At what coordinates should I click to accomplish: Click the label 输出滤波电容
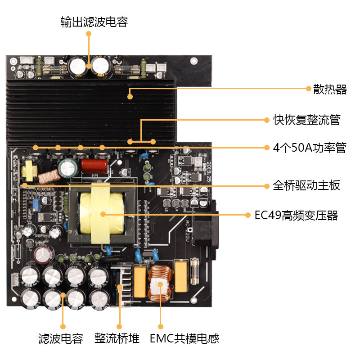pos(94,22)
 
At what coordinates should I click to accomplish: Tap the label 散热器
pos(330,89)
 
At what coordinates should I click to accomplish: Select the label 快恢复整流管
pos(306,120)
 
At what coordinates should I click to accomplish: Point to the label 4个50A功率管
pos(310,148)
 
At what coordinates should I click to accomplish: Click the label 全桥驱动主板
pos(306,185)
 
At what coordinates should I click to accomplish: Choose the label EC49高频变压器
pos(296,215)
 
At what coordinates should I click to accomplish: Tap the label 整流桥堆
pos(117,338)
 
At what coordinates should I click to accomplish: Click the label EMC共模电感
pos(184,338)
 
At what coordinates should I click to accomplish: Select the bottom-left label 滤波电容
pos(61,338)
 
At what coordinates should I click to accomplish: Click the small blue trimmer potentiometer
pos(35,205)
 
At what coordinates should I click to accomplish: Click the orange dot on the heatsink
pos(130,96)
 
